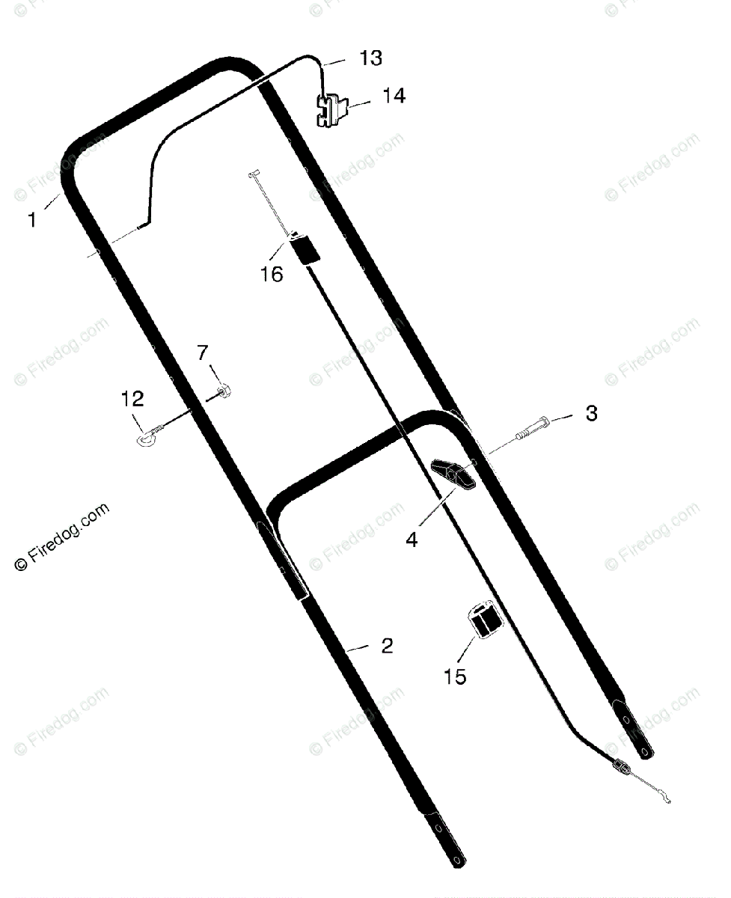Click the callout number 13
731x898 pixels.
[x=370, y=58]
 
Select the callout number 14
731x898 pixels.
[x=394, y=96]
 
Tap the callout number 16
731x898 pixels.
[x=272, y=275]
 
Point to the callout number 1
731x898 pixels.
[x=32, y=220]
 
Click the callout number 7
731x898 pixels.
[x=203, y=352]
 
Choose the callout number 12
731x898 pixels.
[x=132, y=399]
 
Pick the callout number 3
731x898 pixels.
[x=592, y=414]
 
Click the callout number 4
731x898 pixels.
[x=412, y=540]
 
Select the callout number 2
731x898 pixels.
[x=387, y=646]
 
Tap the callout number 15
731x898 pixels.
[x=455, y=676]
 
